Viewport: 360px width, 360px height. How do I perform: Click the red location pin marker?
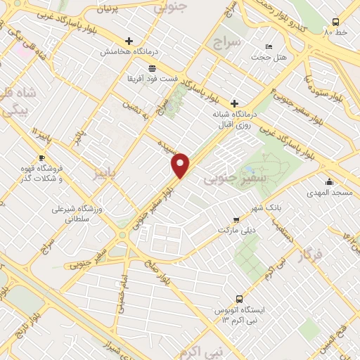tap(181, 165)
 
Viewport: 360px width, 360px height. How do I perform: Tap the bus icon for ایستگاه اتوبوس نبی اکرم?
tap(239, 298)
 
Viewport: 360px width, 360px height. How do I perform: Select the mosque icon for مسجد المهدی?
tap(329, 181)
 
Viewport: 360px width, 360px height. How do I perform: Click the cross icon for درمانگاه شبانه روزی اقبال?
tap(235, 103)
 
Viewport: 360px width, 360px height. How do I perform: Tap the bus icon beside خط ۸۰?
tap(335, 22)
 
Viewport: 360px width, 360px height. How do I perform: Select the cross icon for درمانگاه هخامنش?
tap(129, 41)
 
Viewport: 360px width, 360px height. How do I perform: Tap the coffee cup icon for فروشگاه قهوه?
tap(41, 157)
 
